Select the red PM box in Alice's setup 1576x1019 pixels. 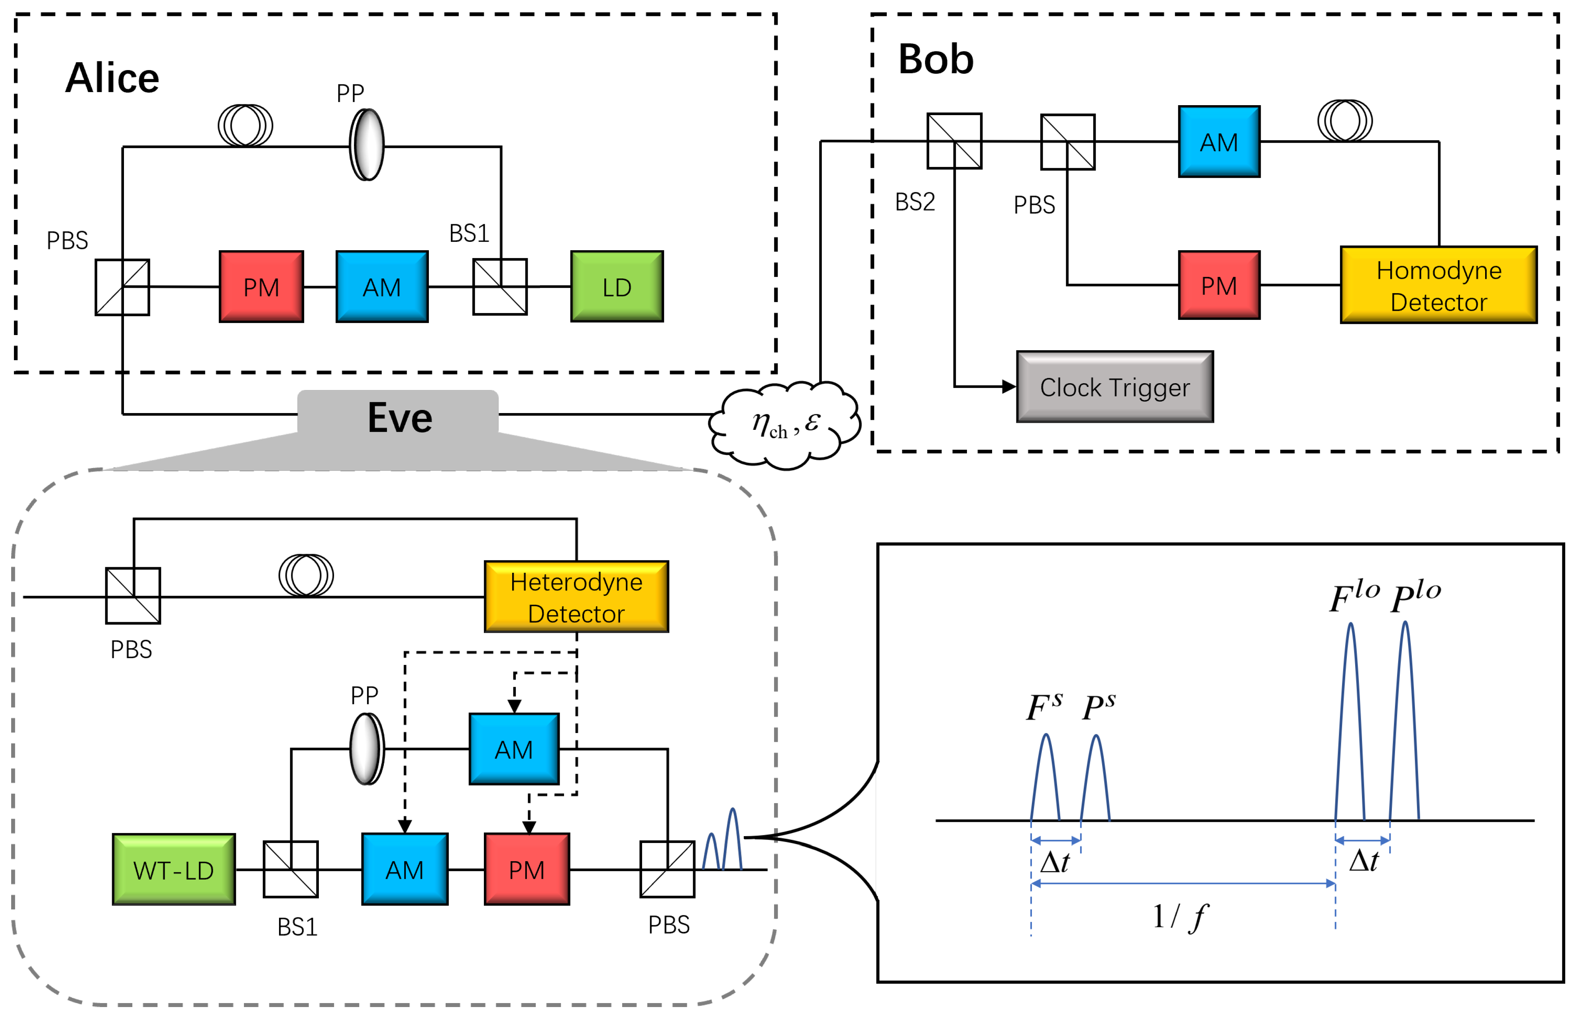[261, 286]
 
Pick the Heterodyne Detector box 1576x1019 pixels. [576, 597]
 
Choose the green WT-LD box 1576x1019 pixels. [173, 870]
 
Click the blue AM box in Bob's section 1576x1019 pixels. [1218, 141]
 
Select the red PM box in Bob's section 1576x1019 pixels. [1218, 285]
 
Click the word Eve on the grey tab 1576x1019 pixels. [400, 418]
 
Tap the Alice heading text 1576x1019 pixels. [112, 78]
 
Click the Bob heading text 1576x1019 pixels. [935, 59]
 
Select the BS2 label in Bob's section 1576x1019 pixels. [915, 202]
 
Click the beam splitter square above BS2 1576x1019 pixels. [954, 141]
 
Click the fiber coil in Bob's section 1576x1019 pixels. [1344, 120]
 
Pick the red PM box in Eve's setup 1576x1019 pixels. [527, 870]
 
